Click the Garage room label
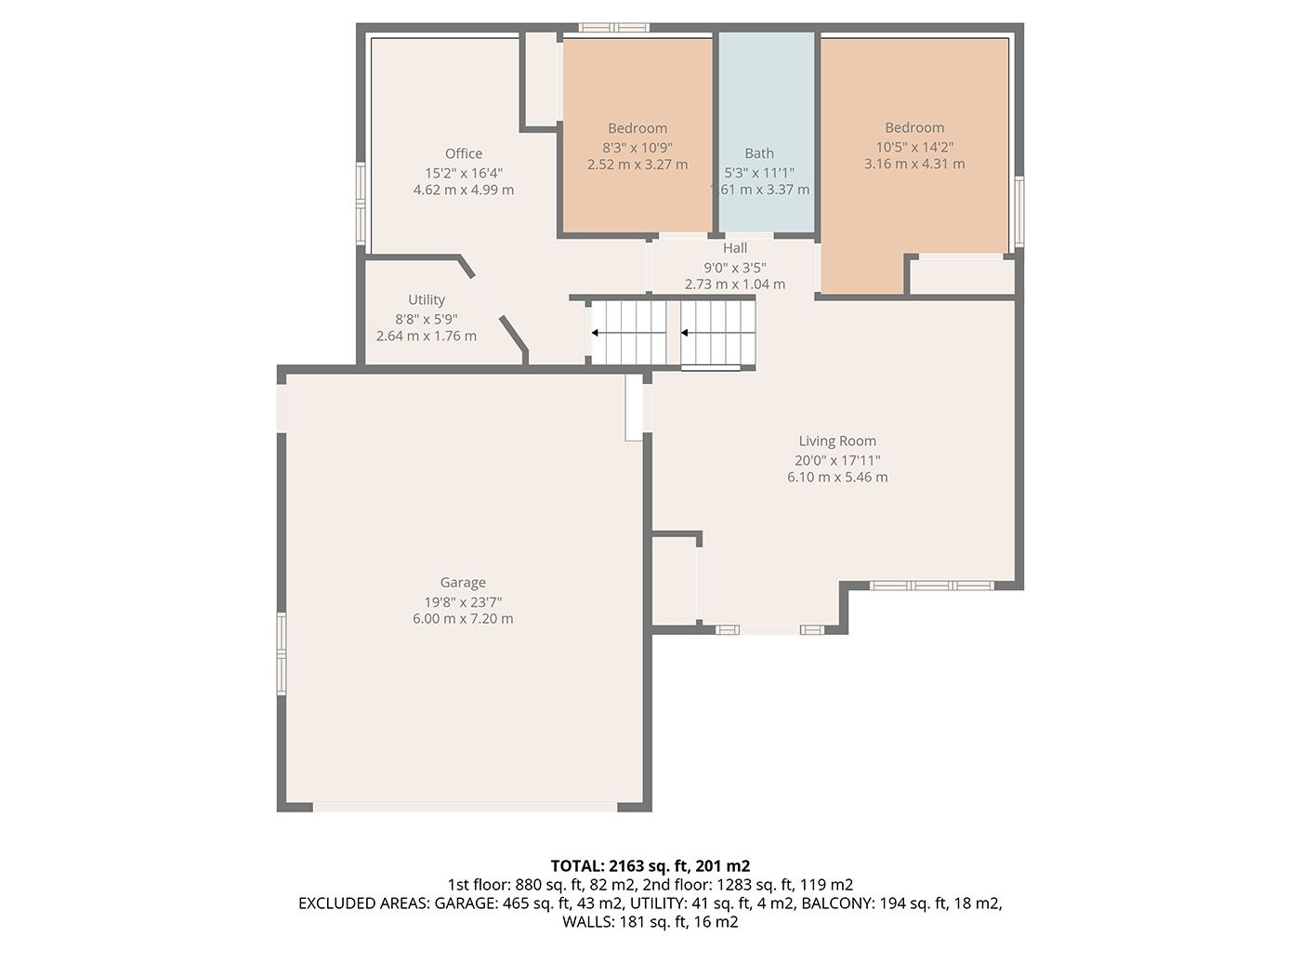click(462, 583)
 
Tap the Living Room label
click(837, 441)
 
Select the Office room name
click(464, 153)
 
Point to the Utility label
click(427, 300)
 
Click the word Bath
click(759, 153)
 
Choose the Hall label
click(735, 247)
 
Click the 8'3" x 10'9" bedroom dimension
click(637, 148)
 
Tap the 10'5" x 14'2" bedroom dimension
click(914, 147)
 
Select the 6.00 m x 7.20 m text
click(463, 619)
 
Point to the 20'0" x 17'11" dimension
click(837, 460)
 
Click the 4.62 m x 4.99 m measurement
click(464, 191)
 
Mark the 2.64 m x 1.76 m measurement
click(427, 336)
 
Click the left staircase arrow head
click(595, 333)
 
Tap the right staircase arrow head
click(684, 333)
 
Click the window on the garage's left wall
click(282, 653)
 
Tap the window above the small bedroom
click(614, 27)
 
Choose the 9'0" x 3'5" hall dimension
click(735, 268)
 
